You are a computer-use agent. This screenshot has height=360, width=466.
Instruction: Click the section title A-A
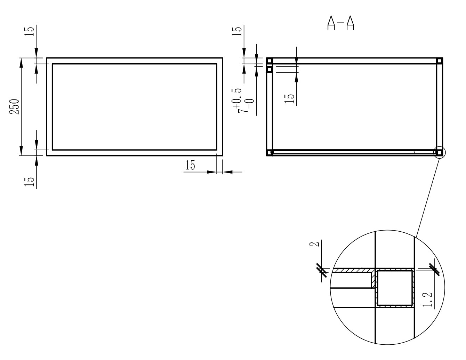[x=340, y=23]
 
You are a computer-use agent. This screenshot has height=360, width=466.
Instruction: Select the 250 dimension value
[x=15, y=106]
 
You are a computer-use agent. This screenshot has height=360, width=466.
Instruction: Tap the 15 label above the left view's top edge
[x=29, y=31]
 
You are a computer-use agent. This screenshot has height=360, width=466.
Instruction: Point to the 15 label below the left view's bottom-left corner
[x=29, y=182]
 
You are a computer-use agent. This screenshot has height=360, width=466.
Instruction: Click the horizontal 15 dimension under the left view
[x=190, y=165]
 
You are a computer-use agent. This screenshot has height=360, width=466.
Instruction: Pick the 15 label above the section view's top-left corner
[x=237, y=31]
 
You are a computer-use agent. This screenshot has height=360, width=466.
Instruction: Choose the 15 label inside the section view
[x=289, y=99]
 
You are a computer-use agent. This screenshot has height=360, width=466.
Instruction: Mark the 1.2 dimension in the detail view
[x=427, y=299]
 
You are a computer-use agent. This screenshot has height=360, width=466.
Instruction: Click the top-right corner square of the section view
[x=439, y=61]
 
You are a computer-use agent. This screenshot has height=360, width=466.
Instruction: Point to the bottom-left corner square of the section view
[x=270, y=153]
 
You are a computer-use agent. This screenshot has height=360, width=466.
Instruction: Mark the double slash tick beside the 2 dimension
[x=322, y=271]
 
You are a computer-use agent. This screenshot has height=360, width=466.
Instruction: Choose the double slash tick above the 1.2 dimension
[x=434, y=270]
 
